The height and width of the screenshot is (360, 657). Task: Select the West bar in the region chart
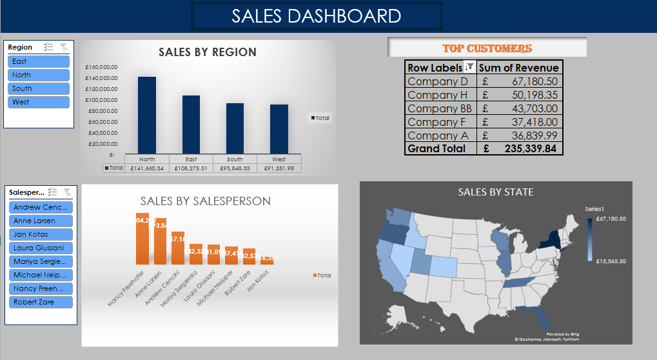click(279, 128)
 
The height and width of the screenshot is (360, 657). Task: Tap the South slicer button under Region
click(38, 88)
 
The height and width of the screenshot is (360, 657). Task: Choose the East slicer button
click(38, 61)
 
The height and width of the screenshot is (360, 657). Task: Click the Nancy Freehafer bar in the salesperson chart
click(142, 239)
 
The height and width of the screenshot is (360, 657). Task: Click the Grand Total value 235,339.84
click(525, 148)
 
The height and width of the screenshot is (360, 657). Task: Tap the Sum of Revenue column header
click(518, 68)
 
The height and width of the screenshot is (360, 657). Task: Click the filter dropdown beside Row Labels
click(469, 66)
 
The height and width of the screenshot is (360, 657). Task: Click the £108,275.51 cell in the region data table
click(191, 168)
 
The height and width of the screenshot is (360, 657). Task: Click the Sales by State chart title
click(495, 192)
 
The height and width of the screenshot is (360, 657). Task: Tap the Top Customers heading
click(487, 48)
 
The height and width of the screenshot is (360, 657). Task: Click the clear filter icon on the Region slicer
click(63, 47)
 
